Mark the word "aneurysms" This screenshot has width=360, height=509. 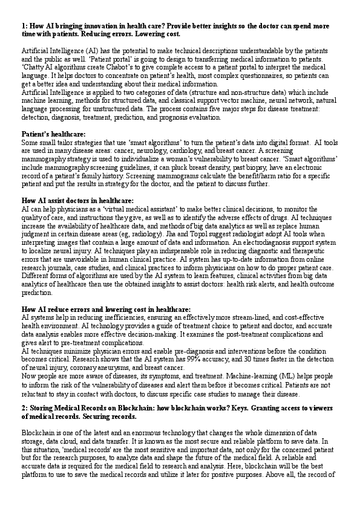click(x=126, y=368)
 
